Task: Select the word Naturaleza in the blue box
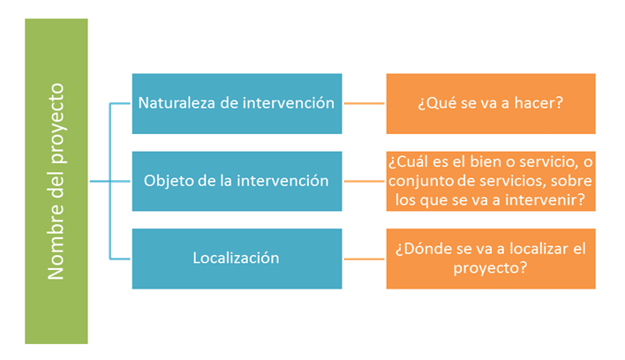(177, 103)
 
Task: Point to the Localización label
(236, 258)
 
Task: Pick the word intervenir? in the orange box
(545, 199)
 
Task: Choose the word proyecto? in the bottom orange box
(490, 268)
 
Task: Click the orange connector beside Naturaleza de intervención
(364, 103)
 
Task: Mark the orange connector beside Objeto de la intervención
(364, 181)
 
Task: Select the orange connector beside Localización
(364, 259)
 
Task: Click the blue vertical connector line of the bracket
(110, 181)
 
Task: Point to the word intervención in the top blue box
(288, 103)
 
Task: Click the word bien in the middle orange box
(485, 162)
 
